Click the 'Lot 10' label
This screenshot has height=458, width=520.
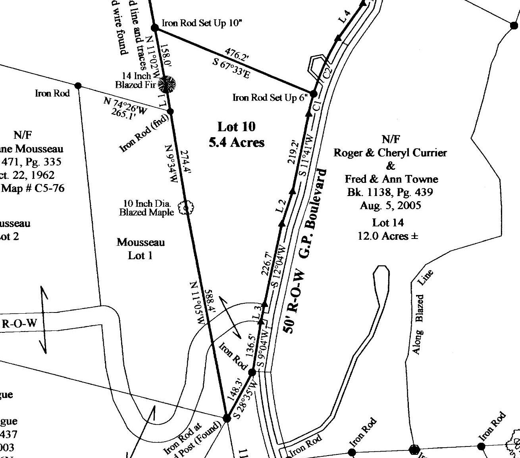tap(236, 127)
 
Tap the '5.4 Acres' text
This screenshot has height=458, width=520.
tap(236, 142)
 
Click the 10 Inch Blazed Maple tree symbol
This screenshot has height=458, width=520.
tap(186, 208)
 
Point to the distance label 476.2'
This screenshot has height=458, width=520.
tap(237, 54)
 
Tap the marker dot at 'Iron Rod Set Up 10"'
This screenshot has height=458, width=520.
tap(155, 27)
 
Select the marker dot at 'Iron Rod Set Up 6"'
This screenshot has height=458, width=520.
tap(313, 94)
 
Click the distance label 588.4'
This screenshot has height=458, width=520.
tap(209, 305)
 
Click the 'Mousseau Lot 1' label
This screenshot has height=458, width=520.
tap(141, 248)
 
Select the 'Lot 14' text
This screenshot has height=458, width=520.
tap(387, 223)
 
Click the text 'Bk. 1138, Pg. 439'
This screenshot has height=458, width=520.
tap(389, 192)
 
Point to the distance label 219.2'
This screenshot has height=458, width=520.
tap(294, 151)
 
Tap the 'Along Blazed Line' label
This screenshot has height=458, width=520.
tap(421, 312)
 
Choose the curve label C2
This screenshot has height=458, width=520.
tap(327, 74)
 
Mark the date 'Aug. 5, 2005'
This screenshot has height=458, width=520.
tap(390, 205)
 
